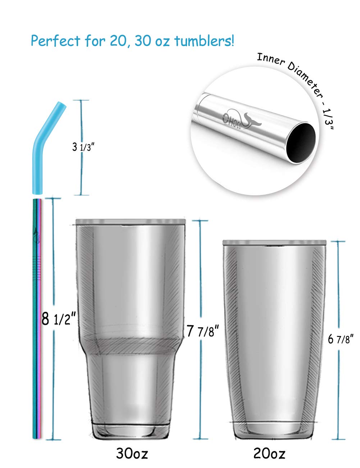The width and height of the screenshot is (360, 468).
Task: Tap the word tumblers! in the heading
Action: pos(204,41)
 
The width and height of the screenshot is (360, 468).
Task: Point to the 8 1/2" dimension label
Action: pos(59,319)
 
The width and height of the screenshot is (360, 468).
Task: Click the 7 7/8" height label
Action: pos(203,331)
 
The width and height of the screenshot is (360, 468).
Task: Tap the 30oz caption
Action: pos(132,453)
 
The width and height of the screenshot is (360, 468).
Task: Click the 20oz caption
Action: pos(269,454)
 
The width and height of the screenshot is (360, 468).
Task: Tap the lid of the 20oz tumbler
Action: pos(274,243)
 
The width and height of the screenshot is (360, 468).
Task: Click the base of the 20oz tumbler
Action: pos(274,430)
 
